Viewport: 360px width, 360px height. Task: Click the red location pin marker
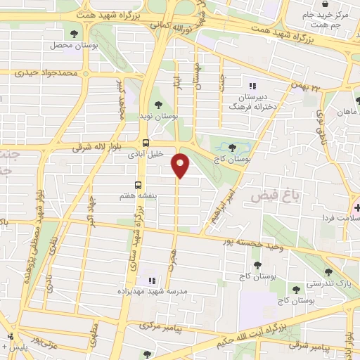pyautogui.click(x=181, y=165)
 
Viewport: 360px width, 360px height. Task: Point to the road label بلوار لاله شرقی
pyautogui.click(x=99, y=148)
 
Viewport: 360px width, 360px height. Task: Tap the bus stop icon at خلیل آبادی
pyautogui.click(x=146, y=143)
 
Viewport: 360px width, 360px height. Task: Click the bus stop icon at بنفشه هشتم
pyautogui.click(x=138, y=186)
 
